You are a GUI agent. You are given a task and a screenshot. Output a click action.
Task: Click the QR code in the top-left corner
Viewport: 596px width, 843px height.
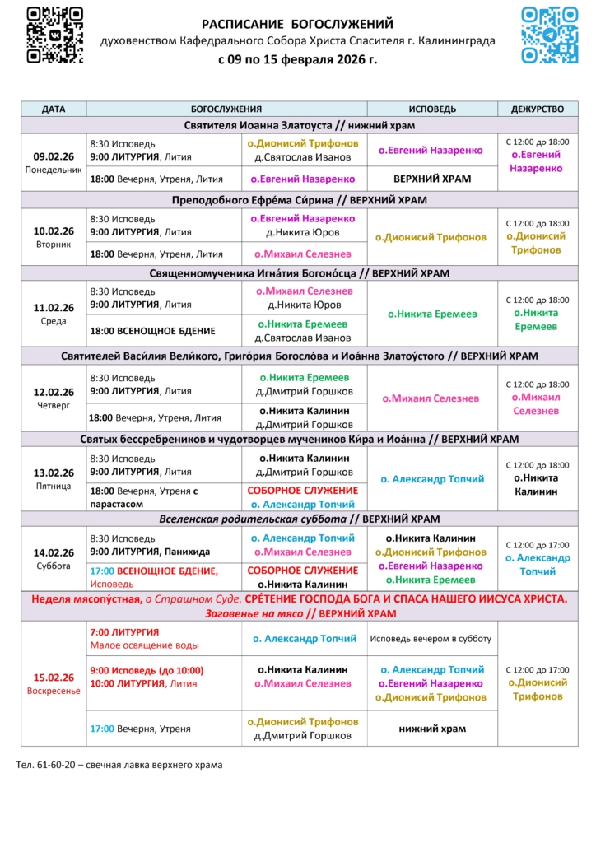(x=54, y=35)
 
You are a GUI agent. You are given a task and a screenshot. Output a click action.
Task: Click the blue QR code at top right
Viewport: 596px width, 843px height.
(x=550, y=35)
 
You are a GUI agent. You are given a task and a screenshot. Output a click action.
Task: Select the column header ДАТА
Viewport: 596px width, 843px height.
(x=54, y=109)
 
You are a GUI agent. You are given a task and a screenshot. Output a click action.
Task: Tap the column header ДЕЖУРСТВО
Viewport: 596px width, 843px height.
(x=538, y=109)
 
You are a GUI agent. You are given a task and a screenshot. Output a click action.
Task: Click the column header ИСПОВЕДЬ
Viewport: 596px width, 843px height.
(x=432, y=109)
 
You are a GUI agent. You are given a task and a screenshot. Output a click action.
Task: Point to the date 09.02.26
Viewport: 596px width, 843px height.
(x=54, y=156)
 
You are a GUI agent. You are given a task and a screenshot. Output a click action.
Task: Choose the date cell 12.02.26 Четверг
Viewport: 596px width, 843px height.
(x=54, y=398)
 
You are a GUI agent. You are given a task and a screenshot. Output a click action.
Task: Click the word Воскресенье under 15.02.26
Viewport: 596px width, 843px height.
(x=54, y=691)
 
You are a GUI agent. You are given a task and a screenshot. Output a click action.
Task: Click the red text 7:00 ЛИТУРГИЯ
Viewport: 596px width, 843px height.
(x=124, y=631)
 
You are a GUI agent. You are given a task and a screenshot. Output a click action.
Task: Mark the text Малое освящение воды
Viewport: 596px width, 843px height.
(x=144, y=645)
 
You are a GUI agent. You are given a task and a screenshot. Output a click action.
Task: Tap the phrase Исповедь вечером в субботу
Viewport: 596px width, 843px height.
(x=431, y=638)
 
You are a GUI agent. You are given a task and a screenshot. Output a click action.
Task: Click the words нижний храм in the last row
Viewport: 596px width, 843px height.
(x=432, y=729)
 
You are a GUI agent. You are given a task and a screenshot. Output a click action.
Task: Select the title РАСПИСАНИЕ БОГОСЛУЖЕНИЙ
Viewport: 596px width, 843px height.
(x=297, y=24)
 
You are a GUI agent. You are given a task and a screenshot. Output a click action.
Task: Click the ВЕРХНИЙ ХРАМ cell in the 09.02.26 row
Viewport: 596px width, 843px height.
(x=432, y=179)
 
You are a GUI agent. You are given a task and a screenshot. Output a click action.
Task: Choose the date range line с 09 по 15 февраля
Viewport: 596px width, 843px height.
(x=297, y=59)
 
